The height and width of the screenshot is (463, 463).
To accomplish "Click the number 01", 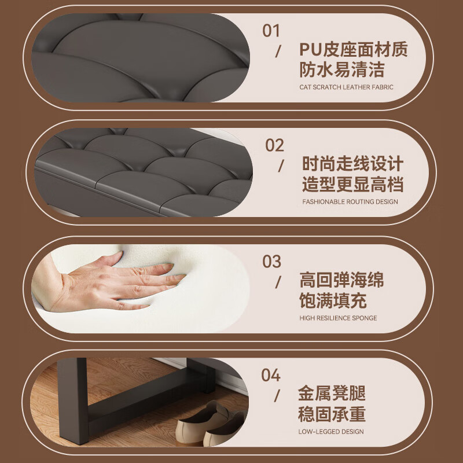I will pyautogui.click(x=271, y=31).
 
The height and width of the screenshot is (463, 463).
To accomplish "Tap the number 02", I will pyautogui.click(x=275, y=145).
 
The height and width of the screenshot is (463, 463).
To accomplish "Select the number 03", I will pyautogui.click(x=271, y=262).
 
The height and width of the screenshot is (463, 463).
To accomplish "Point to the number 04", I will pyautogui.click(x=271, y=375).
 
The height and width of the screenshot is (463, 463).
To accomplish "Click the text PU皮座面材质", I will pyautogui.click(x=354, y=50).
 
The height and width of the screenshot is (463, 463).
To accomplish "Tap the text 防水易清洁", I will pyautogui.click(x=342, y=70).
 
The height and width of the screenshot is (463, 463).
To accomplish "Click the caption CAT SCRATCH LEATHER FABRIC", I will pyautogui.click(x=346, y=87).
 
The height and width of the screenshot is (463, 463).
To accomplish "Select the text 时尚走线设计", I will pyautogui.click(x=352, y=164).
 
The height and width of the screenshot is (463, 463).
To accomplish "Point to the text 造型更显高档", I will pyautogui.click(x=352, y=185).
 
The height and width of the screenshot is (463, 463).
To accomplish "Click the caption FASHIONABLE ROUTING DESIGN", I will pyautogui.click(x=350, y=202).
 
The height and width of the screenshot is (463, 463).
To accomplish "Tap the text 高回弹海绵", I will pyautogui.click(x=341, y=281).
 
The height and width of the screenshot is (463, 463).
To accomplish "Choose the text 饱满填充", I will pyautogui.click(x=333, y=302).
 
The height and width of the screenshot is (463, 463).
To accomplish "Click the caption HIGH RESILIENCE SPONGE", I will pyautogui.click(x=338, y=318).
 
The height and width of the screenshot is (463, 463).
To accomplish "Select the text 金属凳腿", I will pyautogui.click(x=332, y=394).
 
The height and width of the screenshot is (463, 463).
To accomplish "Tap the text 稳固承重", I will pyautogui.click(x=332, y=414).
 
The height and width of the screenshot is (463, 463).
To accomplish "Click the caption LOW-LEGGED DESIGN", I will pyautogui.click(x=332, y=432).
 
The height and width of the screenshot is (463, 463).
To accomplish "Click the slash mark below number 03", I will pyautogui.click(x=278, y=282).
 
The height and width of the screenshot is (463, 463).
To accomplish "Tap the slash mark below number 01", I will pyautogui.click(x=278, y=51).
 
